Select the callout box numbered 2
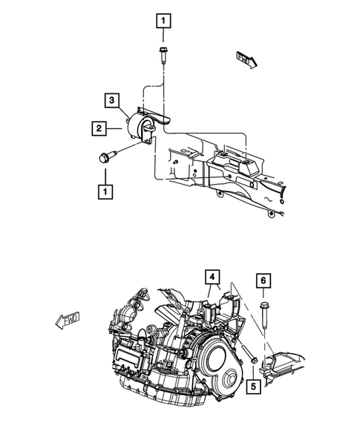click(96, 129)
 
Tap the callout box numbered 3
click(109, 99)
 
